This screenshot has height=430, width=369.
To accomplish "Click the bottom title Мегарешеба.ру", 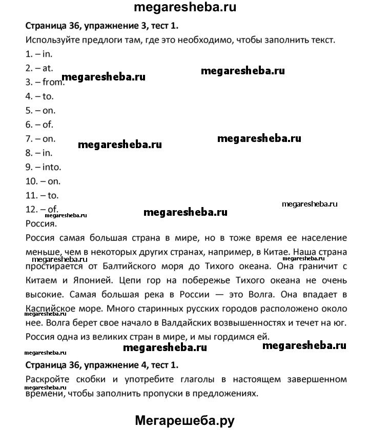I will pyautogui.click(x=184, y=420).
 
